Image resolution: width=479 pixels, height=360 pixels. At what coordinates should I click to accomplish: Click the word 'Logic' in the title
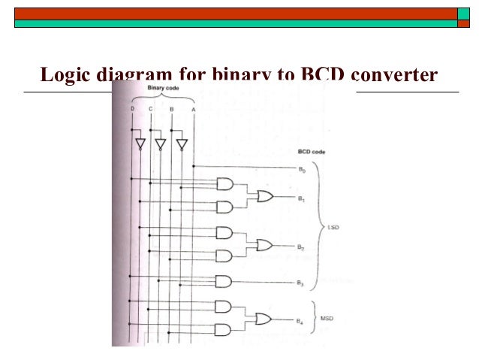pos(65,76)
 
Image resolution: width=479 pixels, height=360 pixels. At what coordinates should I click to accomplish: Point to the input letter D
pos(132,110)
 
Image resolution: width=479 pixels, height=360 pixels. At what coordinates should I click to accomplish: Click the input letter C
pos(150,110)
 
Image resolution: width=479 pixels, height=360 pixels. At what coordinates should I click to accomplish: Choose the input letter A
pos(193,110)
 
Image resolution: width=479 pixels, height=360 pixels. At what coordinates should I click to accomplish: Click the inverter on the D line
pos(139,144)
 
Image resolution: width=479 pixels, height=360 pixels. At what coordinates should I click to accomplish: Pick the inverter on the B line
pos(181,144)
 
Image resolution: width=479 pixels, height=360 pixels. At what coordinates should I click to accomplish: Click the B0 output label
pos(300,171)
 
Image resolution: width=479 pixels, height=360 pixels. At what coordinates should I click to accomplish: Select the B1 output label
pos(300,199)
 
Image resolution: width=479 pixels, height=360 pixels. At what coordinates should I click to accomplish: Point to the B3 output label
pos(300,283)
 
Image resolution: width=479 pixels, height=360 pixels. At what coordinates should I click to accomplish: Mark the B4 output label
pos(299,322)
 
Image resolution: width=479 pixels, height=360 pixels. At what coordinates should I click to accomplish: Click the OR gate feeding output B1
pos(265,195)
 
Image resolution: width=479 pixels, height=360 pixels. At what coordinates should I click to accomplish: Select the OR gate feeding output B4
pos(264,319)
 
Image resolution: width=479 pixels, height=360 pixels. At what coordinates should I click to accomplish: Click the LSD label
pos(333,226)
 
